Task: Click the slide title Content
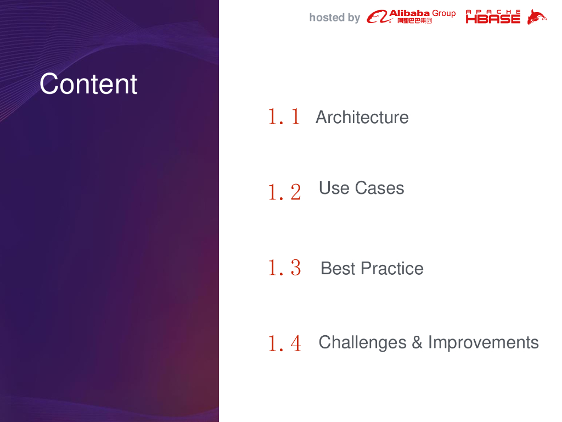click(x=88, y=84)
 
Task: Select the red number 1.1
click(x=284, y=116)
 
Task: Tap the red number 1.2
click(x=285, y=192)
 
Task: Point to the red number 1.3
click(x=285, y=268)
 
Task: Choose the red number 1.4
click(x=285, y=343)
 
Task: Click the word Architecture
click(x=362, y=118)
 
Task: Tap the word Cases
click(x=380, y=188)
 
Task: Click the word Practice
click(x=392, y=268)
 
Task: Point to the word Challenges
click(x=362, y=343)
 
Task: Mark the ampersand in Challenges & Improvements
click(x=417, y=342)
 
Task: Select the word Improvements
click(x=484, y=343)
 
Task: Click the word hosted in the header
click(x=327, y=17)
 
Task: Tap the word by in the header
click(x=354, y=18)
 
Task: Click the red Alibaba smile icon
click(x=378, y=16)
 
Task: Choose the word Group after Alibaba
click(x=443, y=14)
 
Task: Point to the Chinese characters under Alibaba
click(x=414, y=21)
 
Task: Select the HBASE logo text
click(x=493, y=16)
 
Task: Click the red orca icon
click(x=537, y=17)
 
